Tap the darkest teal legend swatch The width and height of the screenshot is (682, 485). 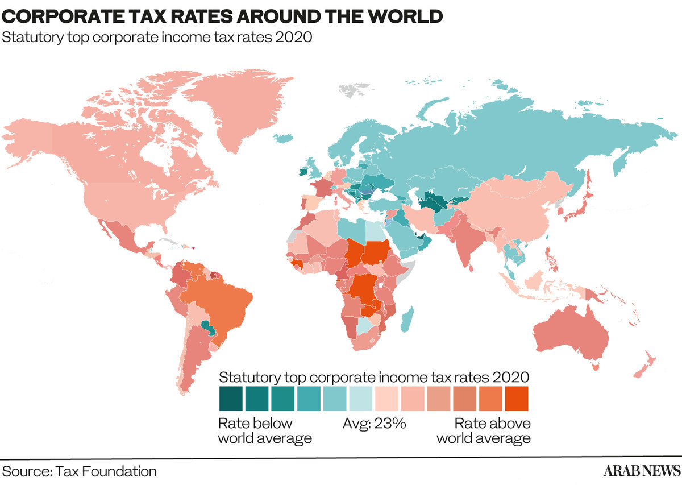tap(231, 399)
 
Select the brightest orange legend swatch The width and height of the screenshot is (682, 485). tap(517, 399)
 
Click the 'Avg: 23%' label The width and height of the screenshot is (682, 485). tap(374, 424)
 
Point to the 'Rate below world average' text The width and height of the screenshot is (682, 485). tap(265, 431)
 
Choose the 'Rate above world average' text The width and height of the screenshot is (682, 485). tap(484, 431)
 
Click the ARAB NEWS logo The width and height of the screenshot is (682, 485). tap(642, 471)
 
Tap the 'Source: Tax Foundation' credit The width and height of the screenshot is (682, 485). tap(79, 471)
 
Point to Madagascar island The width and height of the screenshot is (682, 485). tap(407, 320)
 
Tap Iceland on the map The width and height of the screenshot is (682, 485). tap(283, 138)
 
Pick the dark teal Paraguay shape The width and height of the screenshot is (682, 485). tap(209, 328)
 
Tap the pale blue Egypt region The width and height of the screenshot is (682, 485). tap(375, 231)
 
